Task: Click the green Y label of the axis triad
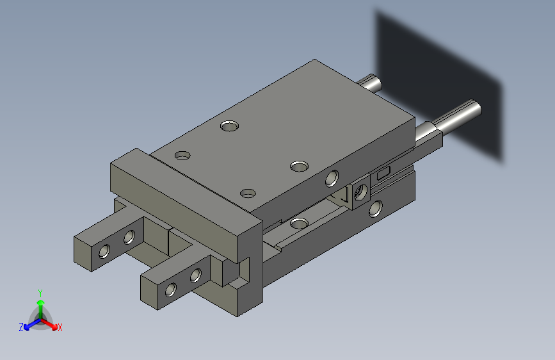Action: point(40,293)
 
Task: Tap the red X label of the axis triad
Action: point(60,327)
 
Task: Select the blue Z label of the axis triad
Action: point(21,327)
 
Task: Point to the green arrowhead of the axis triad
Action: point(41,302)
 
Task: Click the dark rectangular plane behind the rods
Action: point(439,85)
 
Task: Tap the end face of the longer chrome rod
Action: point(477,108)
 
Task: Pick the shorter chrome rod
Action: point(370,83)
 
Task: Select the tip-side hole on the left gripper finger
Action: point(104,251)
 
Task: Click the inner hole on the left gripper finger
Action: point(129,237)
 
